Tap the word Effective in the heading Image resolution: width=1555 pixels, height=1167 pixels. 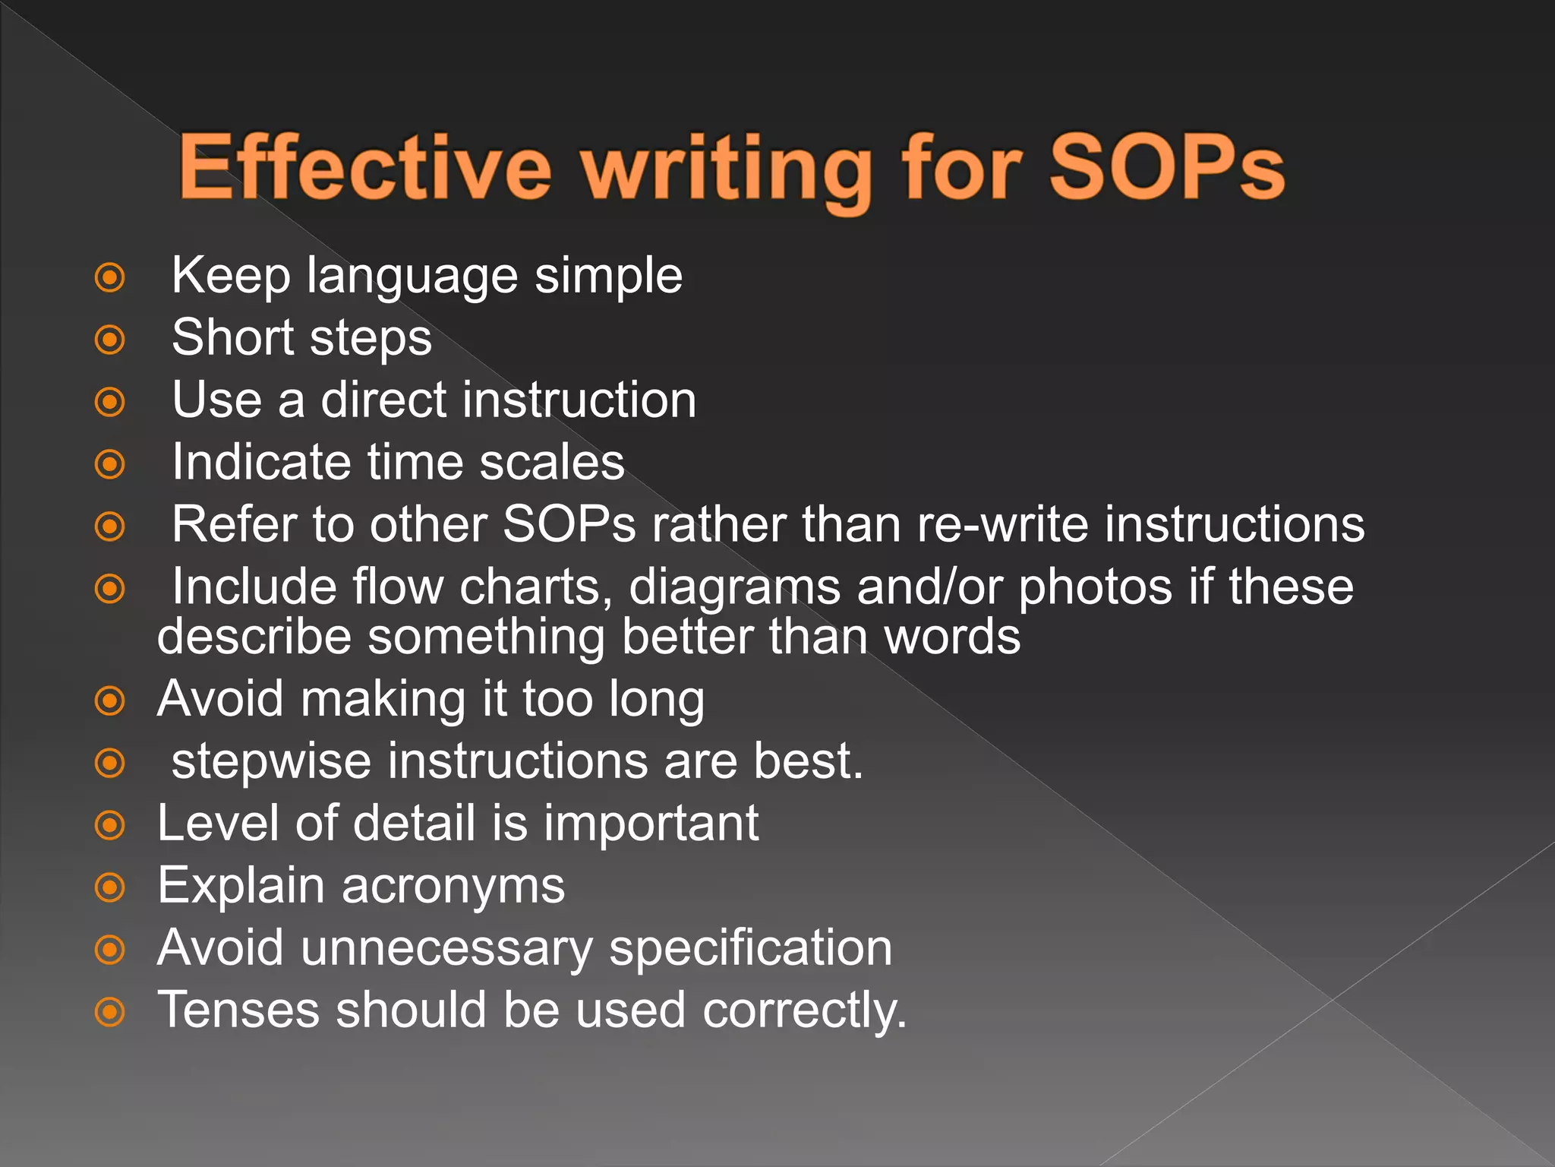click(x=364, y=167)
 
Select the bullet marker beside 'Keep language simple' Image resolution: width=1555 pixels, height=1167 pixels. click(x=110, y=277)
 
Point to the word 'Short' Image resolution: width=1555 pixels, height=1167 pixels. click(x=233, y=337)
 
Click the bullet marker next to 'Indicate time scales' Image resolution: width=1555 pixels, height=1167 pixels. click(x=110, y=464)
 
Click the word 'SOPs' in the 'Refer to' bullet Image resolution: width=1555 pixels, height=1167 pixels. click(x=569, y=524)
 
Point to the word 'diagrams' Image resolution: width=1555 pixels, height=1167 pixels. click(x=734, y=588)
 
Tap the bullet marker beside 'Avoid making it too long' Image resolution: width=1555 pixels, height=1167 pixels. click(x=110, y=701)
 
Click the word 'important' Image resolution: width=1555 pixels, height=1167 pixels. click(x=651, y=824)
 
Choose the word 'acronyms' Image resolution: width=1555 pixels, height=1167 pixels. click(x=453, y=887)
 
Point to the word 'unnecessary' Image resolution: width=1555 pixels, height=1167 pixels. click(x=446, y=949)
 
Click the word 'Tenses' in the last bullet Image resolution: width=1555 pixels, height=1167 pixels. click(x=238, y=1010)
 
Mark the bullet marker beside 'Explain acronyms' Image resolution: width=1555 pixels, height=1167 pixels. click(x=110, y=887)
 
